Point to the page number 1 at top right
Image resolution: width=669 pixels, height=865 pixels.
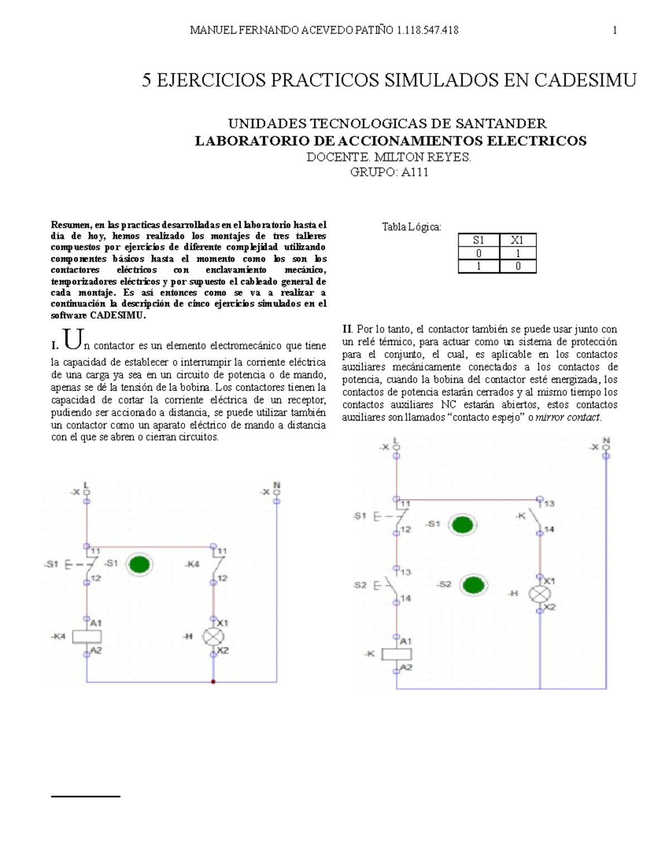tap(615, 31)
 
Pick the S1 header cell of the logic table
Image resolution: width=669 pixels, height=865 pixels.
tap(478, 241)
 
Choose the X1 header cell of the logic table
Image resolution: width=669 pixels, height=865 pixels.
tap(517, 241)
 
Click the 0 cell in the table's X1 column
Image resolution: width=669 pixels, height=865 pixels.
tap(517, 266)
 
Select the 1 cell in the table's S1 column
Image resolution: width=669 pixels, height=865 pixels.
tap(478, 266)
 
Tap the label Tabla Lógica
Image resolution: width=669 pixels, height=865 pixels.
tap(411, 227)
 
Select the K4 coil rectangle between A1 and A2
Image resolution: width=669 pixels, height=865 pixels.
tap(87, 636)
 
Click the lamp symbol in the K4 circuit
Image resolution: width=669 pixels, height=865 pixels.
tap(213, 636)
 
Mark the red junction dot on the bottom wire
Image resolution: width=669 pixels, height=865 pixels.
tap(213, 681)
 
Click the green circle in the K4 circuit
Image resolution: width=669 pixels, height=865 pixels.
tap(140, 565)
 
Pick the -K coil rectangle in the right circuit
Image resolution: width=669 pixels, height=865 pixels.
tap(396, 654)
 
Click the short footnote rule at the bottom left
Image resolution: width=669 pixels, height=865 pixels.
tap(85, 797)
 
